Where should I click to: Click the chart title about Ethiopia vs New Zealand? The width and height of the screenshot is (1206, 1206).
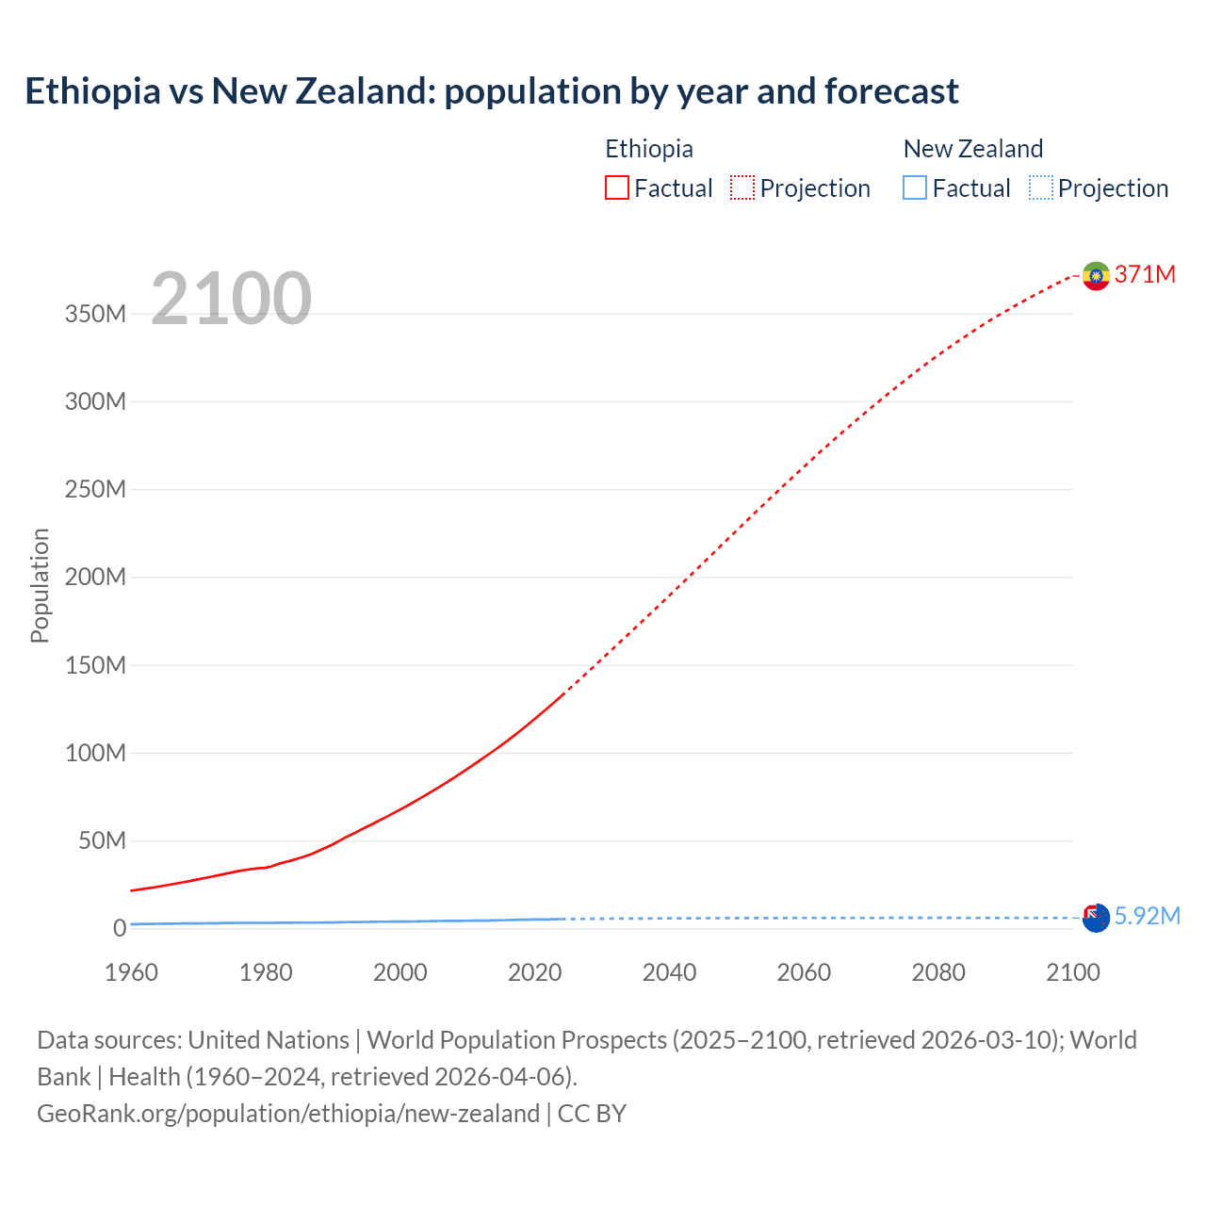[491, 91]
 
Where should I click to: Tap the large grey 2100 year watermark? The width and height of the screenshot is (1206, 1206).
[231, 298]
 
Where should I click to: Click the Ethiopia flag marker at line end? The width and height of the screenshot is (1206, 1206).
[1096, 275]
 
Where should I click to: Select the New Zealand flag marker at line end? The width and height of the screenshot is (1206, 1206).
[1096, 918]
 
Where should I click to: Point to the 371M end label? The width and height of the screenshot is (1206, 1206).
[1145, 274]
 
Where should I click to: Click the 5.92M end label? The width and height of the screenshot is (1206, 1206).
[1147, 916]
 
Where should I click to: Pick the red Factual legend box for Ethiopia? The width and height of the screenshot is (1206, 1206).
[617, 187]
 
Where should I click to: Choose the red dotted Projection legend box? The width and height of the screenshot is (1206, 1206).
[742, 187]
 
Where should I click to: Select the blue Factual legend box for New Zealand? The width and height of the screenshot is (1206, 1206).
[915, 187]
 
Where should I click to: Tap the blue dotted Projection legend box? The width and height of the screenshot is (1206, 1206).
[1041, 187]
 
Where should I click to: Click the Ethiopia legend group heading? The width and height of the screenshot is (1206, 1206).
[648, 149]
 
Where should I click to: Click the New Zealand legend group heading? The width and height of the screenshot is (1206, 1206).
[972, 149]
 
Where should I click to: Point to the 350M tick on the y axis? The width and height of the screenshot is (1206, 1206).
[95, 314]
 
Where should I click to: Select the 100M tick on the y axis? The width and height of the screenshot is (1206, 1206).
[95, 753]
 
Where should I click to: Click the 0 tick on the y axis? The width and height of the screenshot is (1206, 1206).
[119, 928]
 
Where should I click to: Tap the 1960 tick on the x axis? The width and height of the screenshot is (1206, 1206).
[132, 972]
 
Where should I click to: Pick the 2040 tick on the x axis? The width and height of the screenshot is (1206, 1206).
[669, 972]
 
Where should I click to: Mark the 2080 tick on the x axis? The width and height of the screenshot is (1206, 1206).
[938, 972]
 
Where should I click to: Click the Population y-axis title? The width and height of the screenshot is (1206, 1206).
[40, 585]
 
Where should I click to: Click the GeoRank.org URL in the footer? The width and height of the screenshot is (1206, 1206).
[288, 1114]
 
